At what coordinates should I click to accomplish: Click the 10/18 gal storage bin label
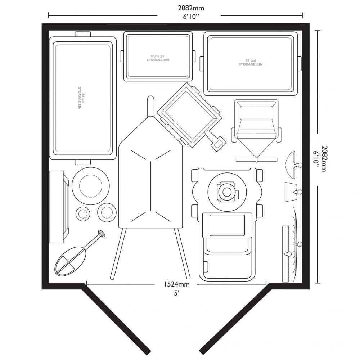tap(158, 58)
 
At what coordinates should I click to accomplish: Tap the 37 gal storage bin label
tap(250, 62)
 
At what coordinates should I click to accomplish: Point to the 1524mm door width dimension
tap(176, 284)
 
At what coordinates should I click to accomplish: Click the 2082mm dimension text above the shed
tap(191, 8)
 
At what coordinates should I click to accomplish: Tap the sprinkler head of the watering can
tap(102, 234)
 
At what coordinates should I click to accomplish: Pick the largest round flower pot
tap(91, 186)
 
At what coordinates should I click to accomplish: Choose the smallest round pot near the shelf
tap(82, 214)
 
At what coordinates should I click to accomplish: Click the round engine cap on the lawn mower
tap(227, 192)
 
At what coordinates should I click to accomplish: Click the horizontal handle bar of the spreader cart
tap(256, 159)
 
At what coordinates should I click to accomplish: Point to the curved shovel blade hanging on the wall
tap(290, 165)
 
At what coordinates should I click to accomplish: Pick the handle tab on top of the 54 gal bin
tap(83, 34)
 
